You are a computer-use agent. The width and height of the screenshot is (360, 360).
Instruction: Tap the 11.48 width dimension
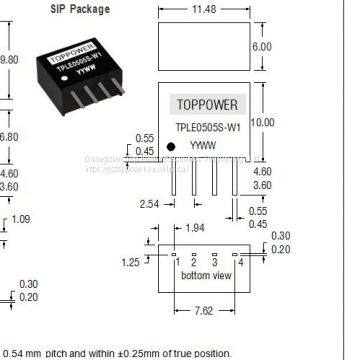click(208, 11)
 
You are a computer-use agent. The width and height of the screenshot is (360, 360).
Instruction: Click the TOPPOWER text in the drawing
click(208, 102)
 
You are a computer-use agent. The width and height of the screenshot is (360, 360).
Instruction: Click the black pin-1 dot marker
click(172, 147)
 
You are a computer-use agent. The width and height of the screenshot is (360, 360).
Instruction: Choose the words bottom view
click(205, 275)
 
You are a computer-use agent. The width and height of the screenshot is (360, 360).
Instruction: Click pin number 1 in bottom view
click(176, 263)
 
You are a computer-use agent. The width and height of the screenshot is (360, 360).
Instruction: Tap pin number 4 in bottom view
click(241, 262)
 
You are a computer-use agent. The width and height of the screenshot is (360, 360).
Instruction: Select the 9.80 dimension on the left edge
click(9, 59)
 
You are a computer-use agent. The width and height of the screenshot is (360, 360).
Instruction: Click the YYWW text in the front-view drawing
click(208, 142)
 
